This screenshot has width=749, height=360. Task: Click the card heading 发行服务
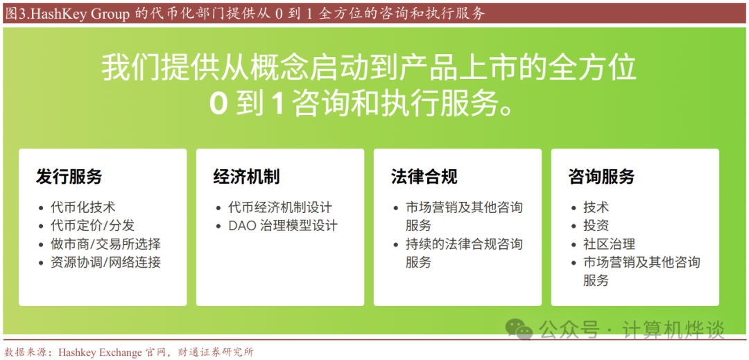click(x=69, y=177)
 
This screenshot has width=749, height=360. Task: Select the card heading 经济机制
click(x=246, y=177)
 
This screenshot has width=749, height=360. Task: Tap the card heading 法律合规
click(x=424, y=177)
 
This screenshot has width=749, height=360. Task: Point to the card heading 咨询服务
click(x=601, y=177)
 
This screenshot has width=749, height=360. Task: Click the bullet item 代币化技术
click(x=83, y=207)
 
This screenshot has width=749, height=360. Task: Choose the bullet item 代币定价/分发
click(x=89, y=225)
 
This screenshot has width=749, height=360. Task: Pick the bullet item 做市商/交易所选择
click(x=105, y=244)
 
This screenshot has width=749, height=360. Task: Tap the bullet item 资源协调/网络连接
click(x=105, y=262)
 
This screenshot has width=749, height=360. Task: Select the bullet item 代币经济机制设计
click(x=280, y=207)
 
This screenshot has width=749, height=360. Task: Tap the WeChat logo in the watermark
click(x=519, y=328)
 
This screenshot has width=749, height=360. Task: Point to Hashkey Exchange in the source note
click(x=101, y=353)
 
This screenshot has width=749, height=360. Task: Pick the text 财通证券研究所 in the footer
click(x=221, y=353)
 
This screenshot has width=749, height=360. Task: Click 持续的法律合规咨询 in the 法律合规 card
click(x=464, y=244)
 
